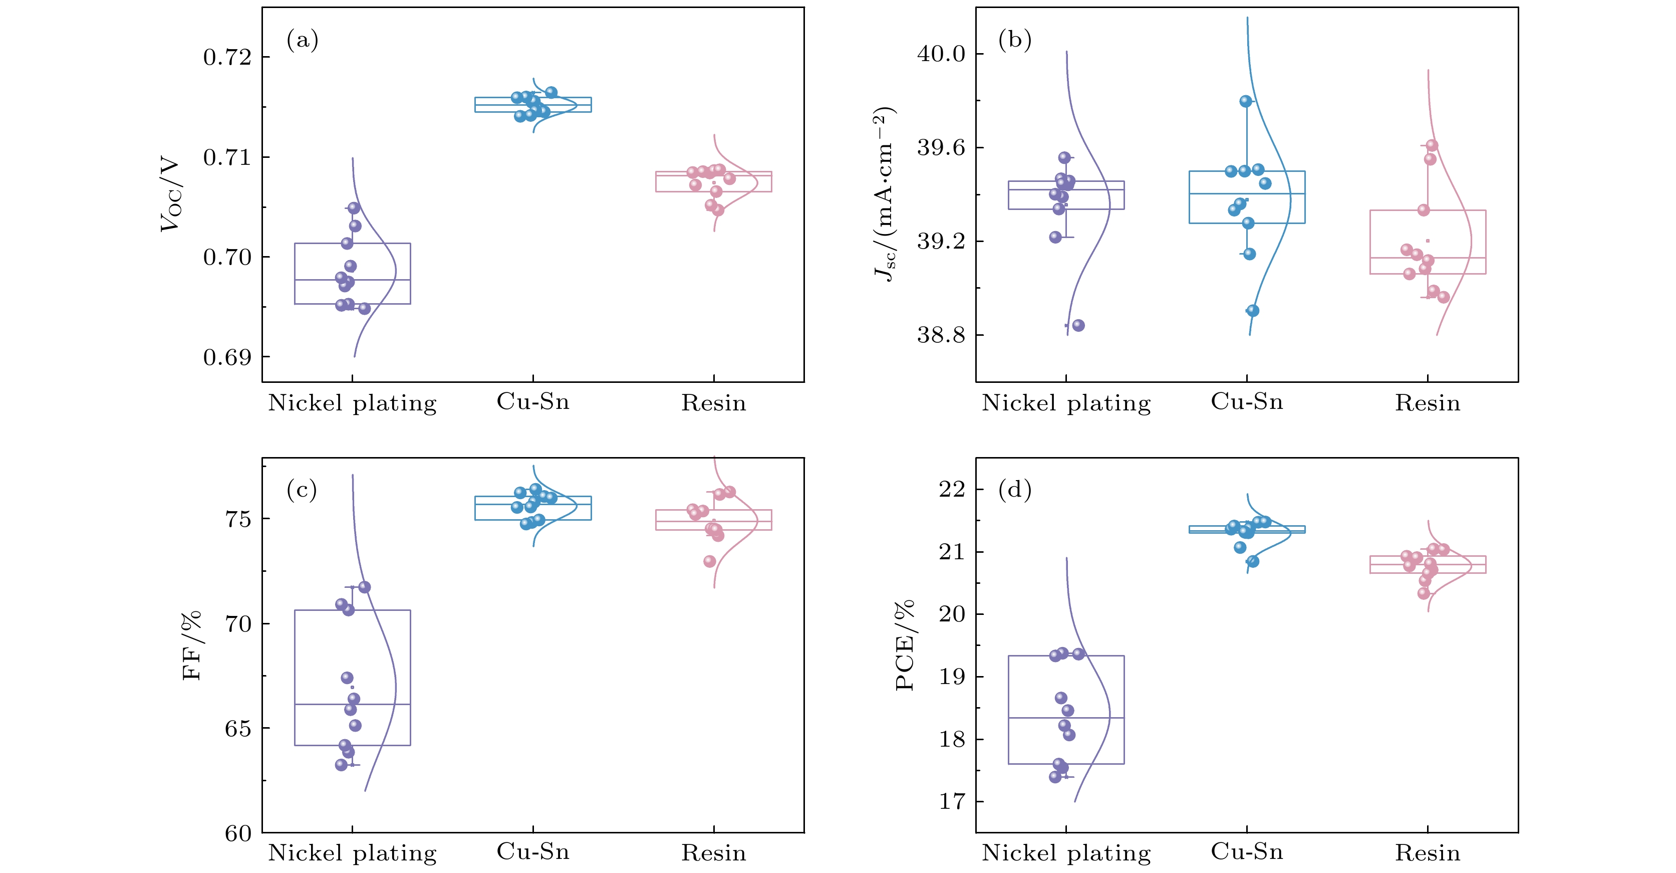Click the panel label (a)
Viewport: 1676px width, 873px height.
pyautogui.click(x=303, y=41)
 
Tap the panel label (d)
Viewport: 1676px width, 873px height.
pyautogui.click(x=1015, y=490)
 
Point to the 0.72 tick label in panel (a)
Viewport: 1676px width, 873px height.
pyautogui.click(x=227, y=57)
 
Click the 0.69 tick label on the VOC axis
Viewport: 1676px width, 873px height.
pyautogui.click(x=227, y=357)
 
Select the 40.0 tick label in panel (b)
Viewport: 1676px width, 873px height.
pyautogui.click(x=941, y=54)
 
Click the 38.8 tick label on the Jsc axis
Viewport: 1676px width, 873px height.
pyautogui.click(x=941, y=335)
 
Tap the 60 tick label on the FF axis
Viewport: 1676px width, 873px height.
pyautogui.click(x=238, y=833)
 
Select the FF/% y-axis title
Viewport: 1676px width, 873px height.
pyautogui.click(x=192, y=646)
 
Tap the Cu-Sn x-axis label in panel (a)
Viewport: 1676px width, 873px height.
pyautogui.click(x=533, y=402)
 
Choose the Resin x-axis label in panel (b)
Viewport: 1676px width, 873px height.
pyautogui.click(x=1428, y=403)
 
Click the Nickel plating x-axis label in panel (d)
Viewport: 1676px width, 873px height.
pyautogui.click(x=1066, y=853)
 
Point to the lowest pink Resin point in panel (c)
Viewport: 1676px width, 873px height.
pyautogui.click(x=709, y=561)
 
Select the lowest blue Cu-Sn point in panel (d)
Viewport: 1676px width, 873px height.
pyautogui.click(x=1252, y=561)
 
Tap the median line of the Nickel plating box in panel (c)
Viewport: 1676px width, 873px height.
pyautogui.click(x=352, y=705)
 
